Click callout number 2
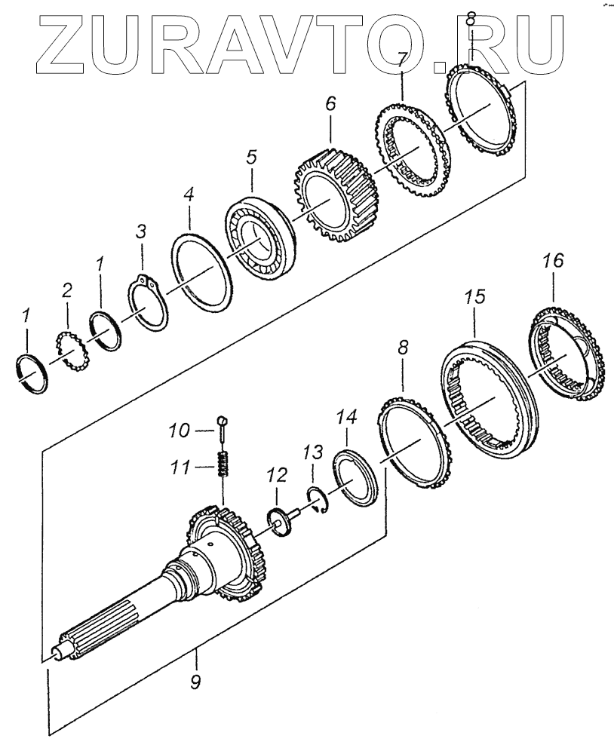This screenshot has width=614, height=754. pyautogui.click(x=66, y=290)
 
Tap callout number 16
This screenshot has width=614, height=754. pyautogui.click(x=553, y=262)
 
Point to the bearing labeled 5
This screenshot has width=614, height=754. pyautogui.click(x=256, y=241)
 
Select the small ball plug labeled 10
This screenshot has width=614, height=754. pyautogui.click(x=222, y=421)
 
